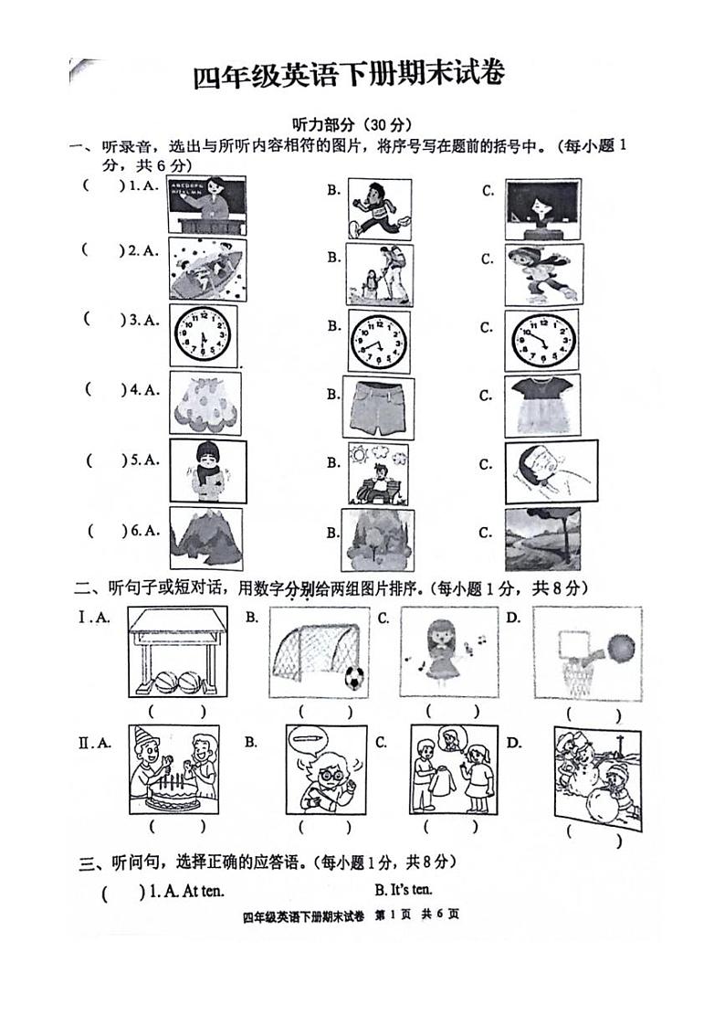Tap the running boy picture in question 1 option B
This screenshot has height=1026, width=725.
point(379,209)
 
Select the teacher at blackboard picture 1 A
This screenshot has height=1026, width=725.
point(207,206)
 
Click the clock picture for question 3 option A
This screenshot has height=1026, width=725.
point(203,337)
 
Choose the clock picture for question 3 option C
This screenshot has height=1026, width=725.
point(542,339)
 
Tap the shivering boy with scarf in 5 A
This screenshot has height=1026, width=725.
point(206,471)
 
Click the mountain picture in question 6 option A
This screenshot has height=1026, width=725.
point(205,538)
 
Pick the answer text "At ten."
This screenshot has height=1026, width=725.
point(188,890)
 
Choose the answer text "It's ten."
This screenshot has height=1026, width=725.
point(404,889)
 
